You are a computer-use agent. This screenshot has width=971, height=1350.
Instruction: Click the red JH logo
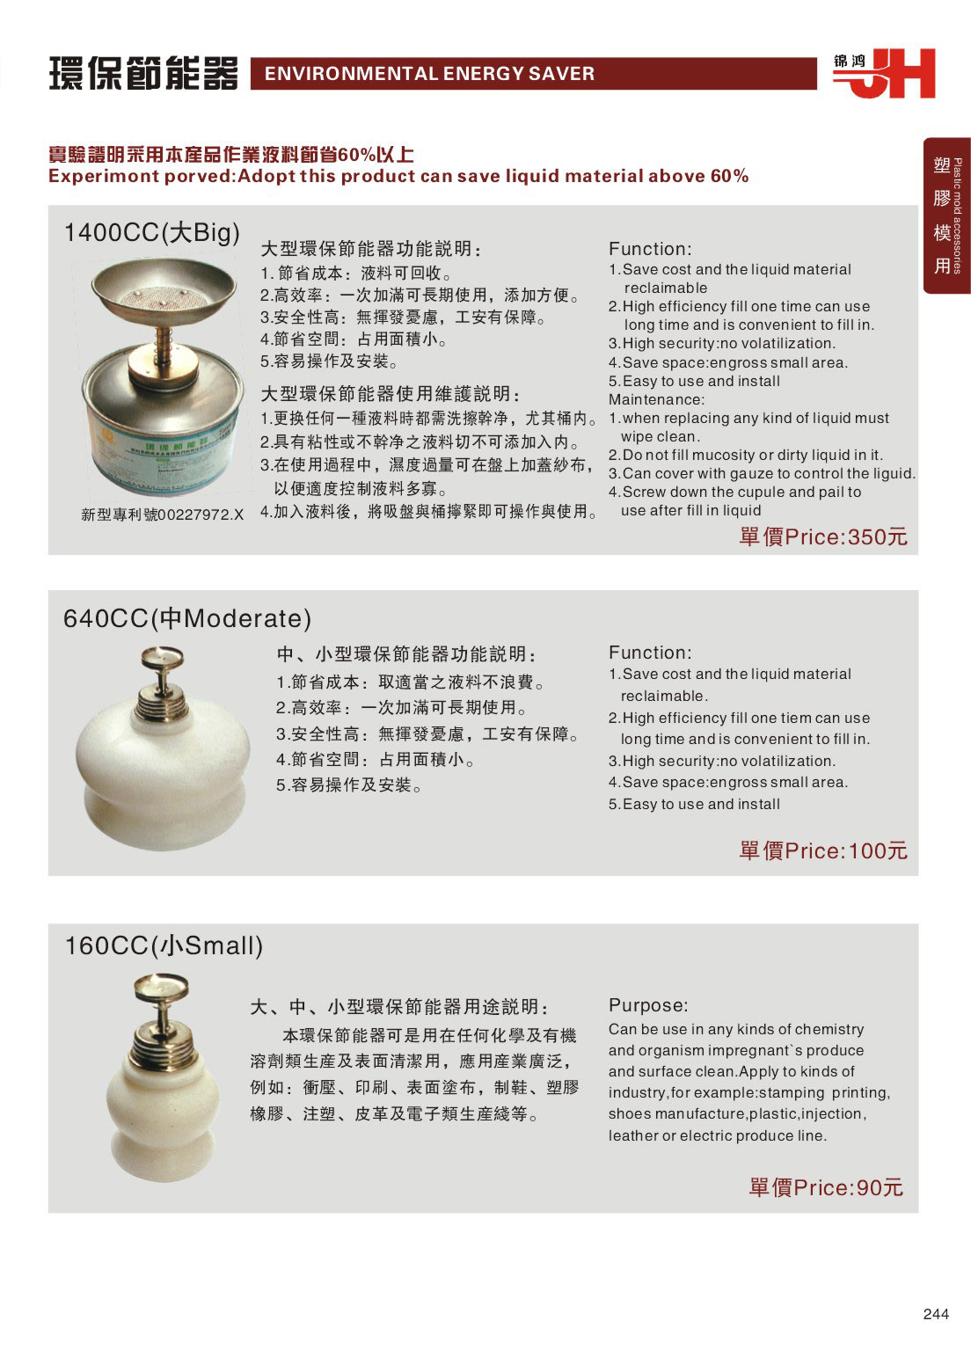click(884, 74)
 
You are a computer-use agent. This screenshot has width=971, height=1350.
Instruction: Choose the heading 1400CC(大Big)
click(152, 233)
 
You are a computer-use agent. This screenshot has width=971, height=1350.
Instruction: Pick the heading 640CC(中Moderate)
click(187, 619)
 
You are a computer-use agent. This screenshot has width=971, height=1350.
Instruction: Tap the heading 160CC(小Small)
click(164, 945)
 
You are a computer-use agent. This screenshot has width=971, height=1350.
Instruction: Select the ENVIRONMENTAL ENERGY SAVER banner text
click(430, 74)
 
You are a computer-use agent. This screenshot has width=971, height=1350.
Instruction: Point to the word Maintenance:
click(656, 399)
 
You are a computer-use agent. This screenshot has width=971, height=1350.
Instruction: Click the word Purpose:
click(648, 1005)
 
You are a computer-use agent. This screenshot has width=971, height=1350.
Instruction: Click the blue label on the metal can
click(163, 451)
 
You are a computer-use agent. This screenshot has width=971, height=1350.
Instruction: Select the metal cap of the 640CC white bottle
click(162, 683)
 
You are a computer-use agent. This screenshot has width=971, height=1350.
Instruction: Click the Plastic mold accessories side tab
click(947, 215)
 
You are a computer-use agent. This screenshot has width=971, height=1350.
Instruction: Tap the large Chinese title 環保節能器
click(143, 74)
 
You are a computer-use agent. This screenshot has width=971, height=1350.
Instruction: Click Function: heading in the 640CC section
click(650, 653)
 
